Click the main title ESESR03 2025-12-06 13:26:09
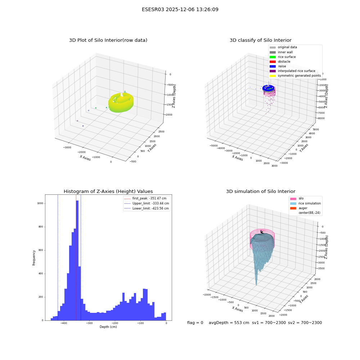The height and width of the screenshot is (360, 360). pyautogui.click(x=180, y=10)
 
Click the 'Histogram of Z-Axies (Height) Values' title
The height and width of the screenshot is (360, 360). pyautogui.click(x=108, y=192)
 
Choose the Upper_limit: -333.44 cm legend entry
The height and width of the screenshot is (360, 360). pyautogui.click(x=147, y=203)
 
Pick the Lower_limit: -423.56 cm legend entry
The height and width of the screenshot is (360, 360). pyautogui.click(x=147, y=208)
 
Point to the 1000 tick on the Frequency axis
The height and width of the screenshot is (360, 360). pyautogui.click(x=40, y=203)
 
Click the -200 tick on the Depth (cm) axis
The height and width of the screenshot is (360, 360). pyautogui.click(x=115, y=323)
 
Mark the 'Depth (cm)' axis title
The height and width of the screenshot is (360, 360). pyautogui.click(x=108, y=327)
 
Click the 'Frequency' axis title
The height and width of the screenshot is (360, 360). pyautogui.click(x=34, y=258)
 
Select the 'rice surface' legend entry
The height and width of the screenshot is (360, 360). pyautogui.click(x=283, y=57)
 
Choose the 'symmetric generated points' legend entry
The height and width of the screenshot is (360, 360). pyautogui.click(x=295, y=76)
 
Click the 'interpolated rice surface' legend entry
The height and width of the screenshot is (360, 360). pyautogui.click(x=292, y=71)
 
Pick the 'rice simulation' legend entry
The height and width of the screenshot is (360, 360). pyautogui.click(x=305, y=203)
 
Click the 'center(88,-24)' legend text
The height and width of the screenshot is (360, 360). pyautogui.click(x=309, y=213)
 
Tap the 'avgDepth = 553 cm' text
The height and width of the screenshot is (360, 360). pyautogui.click(x=229, y=323)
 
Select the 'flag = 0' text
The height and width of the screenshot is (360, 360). pyautogui.click(x=195, y=323)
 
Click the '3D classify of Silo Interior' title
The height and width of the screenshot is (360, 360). pyautogui.click(x=261, y=40)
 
